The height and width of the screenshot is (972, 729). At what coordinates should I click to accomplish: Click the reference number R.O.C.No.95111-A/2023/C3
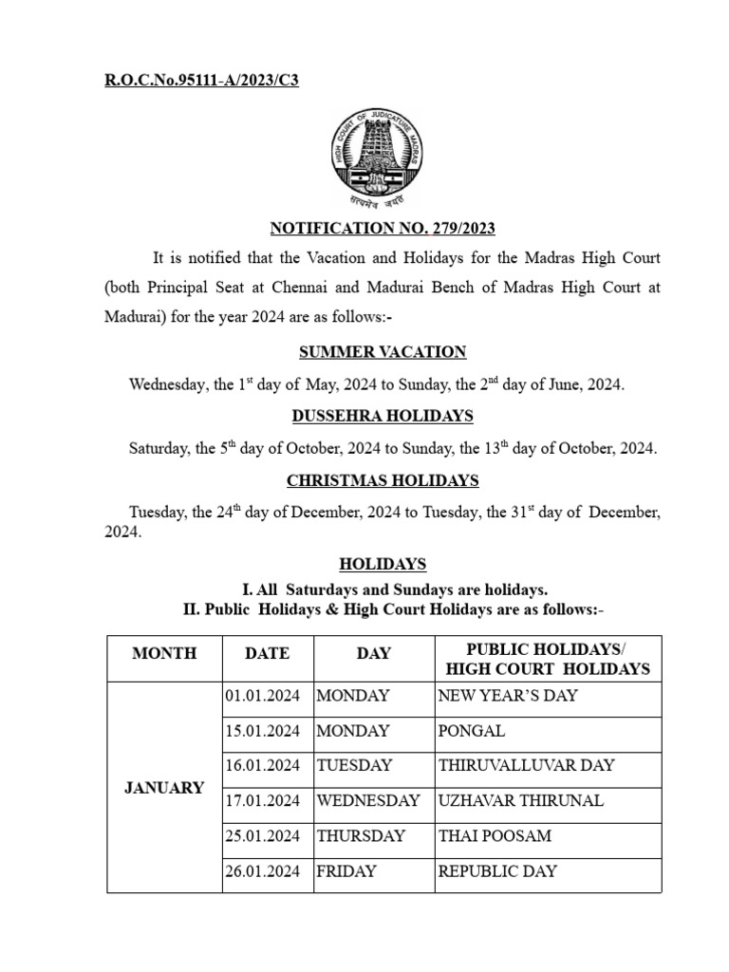point(201,80)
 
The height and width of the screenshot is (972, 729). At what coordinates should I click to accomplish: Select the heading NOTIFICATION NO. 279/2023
point(383,228)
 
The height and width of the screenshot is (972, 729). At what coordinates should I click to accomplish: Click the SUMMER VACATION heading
point(383,352)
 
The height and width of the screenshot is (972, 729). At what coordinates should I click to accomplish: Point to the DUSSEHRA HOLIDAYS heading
point(383,416)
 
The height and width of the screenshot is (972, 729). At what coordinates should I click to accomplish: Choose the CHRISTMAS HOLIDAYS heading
point(383,480)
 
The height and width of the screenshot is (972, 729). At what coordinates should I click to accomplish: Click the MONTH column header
point(164,653)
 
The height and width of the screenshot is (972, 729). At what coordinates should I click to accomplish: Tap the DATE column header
point(267,653)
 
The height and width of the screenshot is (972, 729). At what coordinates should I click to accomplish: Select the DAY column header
point(373,653)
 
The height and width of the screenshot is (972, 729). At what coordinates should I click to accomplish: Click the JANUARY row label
point(164,788)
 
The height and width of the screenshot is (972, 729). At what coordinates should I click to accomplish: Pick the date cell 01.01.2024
point(263,696)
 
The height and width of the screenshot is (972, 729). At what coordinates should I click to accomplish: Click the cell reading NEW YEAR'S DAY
point(508,696)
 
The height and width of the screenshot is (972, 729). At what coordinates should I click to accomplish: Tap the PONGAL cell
point(472,731)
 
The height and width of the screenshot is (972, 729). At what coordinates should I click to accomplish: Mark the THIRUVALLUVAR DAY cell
point(526,765)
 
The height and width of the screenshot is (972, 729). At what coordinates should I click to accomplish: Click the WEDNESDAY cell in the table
point(368,800)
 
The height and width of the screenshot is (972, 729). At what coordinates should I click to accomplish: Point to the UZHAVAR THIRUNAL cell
point(520,800)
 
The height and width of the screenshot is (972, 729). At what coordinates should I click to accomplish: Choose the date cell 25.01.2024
point(263,835)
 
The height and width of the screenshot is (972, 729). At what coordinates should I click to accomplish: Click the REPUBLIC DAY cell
point(497,870)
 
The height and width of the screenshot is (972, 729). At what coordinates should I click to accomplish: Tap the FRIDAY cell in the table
point(346,870)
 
